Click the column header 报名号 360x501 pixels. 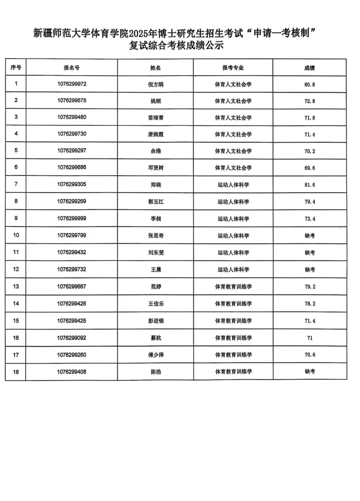coord(71,68)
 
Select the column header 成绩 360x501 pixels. coord(309,68)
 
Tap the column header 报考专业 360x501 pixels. coord(233,68)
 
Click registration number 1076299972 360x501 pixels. coord(72,84)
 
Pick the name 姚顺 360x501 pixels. coord(156,101)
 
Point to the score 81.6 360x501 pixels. coord(310,185)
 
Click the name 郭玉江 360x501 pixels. coord(156,202)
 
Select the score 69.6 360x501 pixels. coord(310,168)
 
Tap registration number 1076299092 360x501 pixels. coord(71,338)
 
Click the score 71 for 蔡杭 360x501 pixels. coord(310,338)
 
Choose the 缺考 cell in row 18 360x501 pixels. coord(310,372)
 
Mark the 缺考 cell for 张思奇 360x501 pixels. coord(310,236)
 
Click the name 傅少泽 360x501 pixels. coord(156,355)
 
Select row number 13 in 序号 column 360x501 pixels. coord(16,287)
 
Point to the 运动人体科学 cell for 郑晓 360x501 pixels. coord(233,185)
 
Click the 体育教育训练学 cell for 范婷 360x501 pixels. coord(233,287)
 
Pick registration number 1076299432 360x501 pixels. coord(71,252)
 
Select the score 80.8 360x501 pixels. coord(310,84)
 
